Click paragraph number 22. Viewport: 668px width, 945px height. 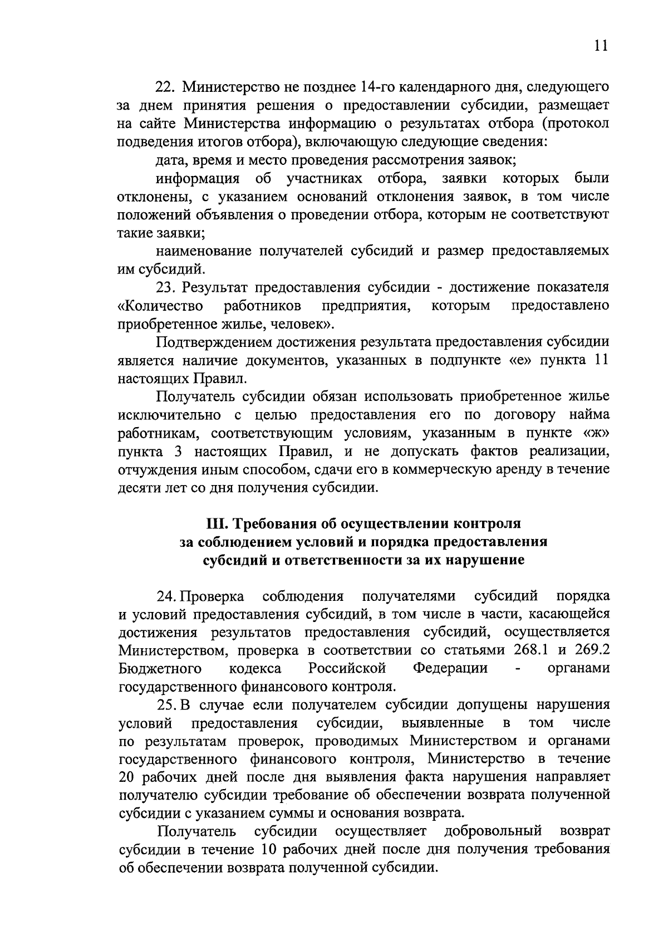(165, 87)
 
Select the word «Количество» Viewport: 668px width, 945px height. (160, 306)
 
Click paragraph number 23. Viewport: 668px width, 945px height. (165, 287)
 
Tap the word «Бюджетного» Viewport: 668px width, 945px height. (160, 668)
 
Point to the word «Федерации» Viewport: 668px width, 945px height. (450, 668)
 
